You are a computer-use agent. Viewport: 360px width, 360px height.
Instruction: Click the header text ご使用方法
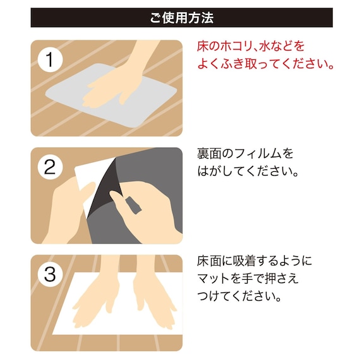181,18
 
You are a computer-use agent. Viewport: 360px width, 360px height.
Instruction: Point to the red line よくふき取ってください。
266,64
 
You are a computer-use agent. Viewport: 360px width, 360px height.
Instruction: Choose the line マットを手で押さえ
248,278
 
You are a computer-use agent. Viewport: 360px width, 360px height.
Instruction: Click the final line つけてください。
239,296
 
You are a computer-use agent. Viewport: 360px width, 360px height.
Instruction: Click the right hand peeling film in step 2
145,208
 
